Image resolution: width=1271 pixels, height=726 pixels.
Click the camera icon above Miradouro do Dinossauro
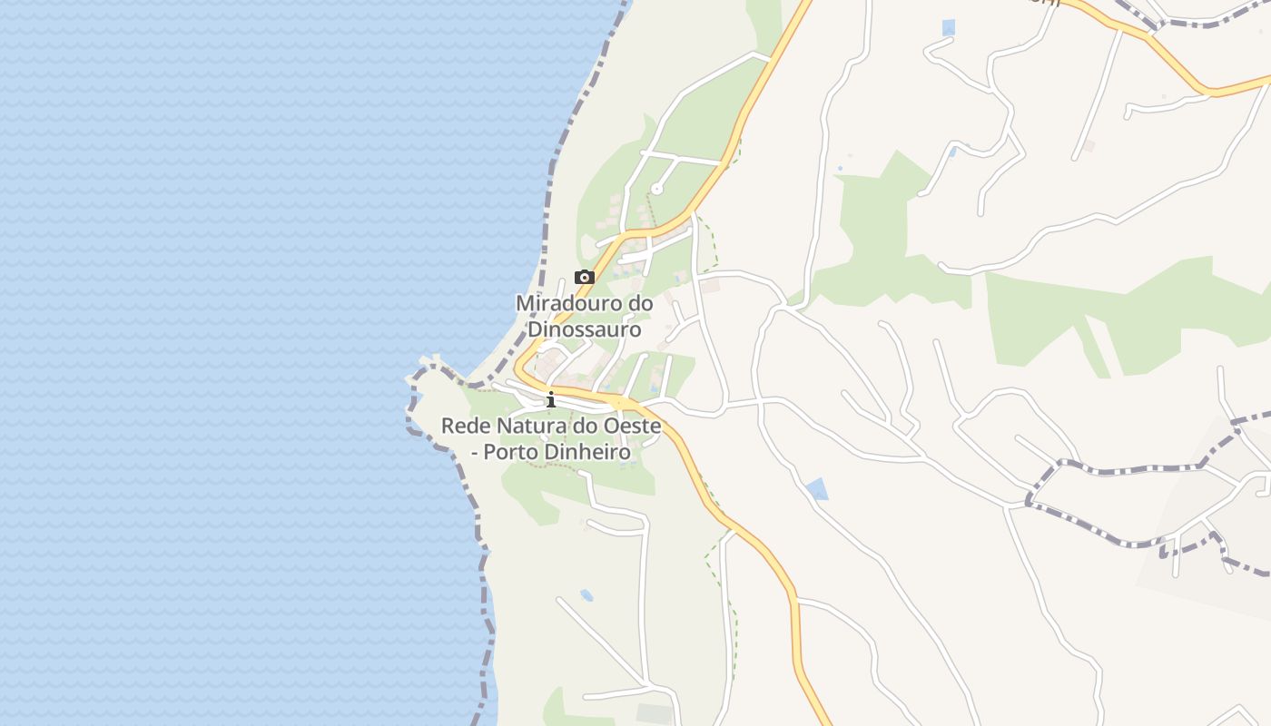click(x=585, y=278)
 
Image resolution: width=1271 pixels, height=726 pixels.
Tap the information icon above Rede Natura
click(x=550, y=399)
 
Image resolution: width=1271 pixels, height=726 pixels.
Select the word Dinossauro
click(x=585, y=329)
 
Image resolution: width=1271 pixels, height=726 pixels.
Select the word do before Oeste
click(x=582, y=426)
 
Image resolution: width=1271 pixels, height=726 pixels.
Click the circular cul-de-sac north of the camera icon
click(x=656, y=190)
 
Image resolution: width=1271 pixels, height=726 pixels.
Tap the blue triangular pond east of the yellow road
click(x=817, y=489)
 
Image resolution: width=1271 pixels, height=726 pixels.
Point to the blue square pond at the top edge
click(x=949, y=27)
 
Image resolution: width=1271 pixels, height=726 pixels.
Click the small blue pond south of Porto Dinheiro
click(x=586, y=595)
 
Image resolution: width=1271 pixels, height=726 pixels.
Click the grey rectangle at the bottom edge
click(x=654, y=713)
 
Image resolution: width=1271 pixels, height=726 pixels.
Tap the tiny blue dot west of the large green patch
click(x=840, y=168)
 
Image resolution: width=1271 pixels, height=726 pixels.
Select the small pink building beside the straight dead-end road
click(x=1089, y=145)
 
